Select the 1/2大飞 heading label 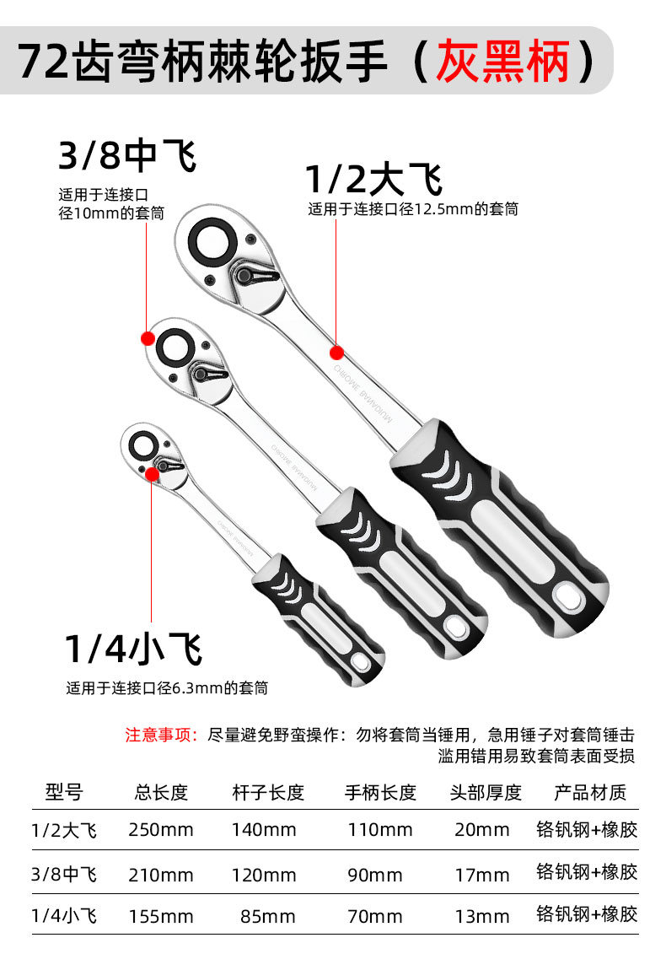[x=373, y=180]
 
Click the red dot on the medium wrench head [x=148, y=338]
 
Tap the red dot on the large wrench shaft [x=336, y=352]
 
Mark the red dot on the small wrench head [x=152, y=473]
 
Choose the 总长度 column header [x=161, y=793]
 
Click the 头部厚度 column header [x=486, y=793]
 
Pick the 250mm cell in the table [x=161, y=830]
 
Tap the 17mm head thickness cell [x=482, y=874]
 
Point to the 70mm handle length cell [x=375, y=916]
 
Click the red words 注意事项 [x=161, y=735]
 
